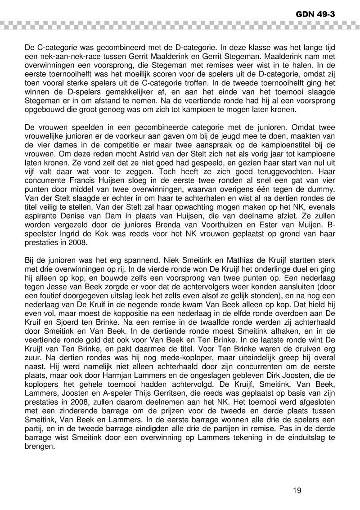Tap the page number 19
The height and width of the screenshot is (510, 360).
click(x=296, y=490)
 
